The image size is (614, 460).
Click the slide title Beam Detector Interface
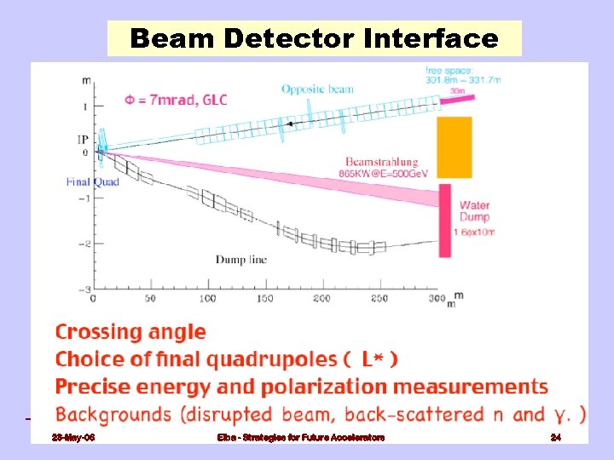click(x=314, y=38)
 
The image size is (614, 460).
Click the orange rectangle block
click(x=454, y=147)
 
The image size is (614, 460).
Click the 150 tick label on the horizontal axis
click(x=265, y=299)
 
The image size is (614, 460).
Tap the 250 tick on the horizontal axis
click(x=379, y=299)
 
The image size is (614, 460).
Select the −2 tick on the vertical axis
click(x=84, y=244)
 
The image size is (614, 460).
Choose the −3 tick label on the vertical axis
click(x=84, y=290)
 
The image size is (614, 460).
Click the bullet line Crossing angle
click(x=130, y=332)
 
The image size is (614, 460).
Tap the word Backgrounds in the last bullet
click(x=110, y=415)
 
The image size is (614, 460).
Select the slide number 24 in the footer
click(x=555, y=437)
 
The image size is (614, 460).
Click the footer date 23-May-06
click(x=74, y=437)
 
